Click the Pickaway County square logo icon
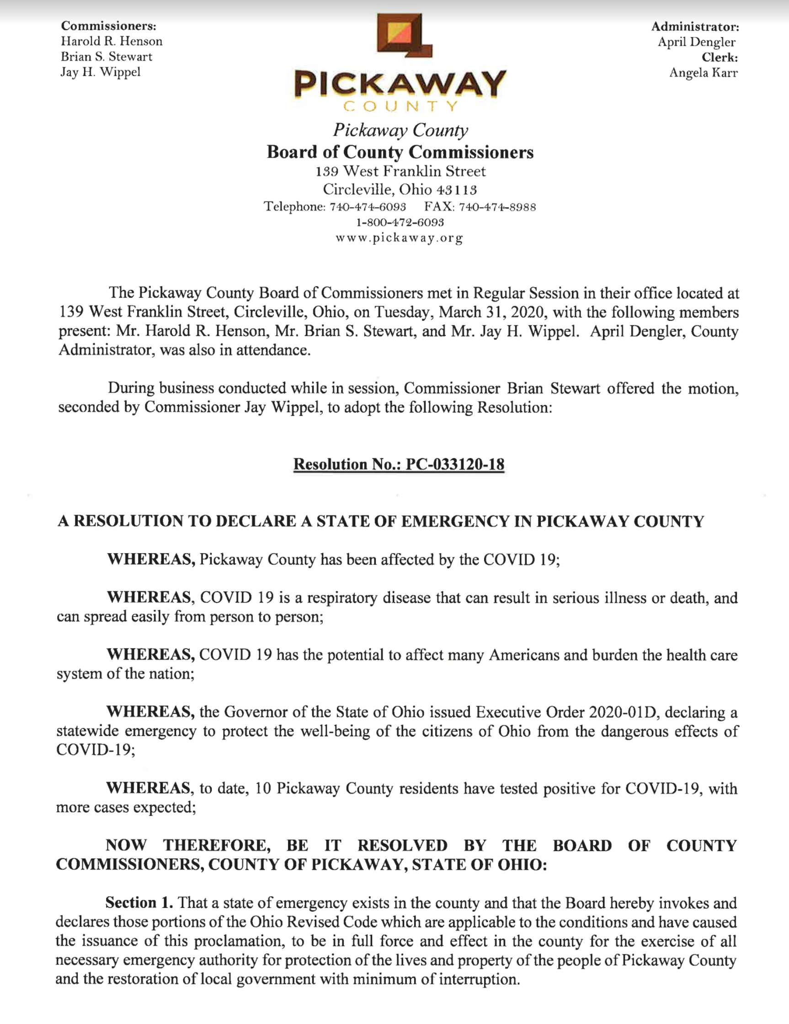[404, 37]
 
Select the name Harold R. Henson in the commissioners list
[112, 41]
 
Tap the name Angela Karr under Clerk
[703, 73]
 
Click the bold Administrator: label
[695, 27]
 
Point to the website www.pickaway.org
[400, 238]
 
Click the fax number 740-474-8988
[497, 207]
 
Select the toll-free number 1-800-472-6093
[400, 222]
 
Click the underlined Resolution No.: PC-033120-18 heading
[399, 464]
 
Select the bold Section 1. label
[140, 903]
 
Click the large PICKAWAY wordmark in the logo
[400, 85]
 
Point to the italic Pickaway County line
[400, 130]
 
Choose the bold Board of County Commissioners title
[400, 152]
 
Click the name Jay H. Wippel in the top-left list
[100, 72]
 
